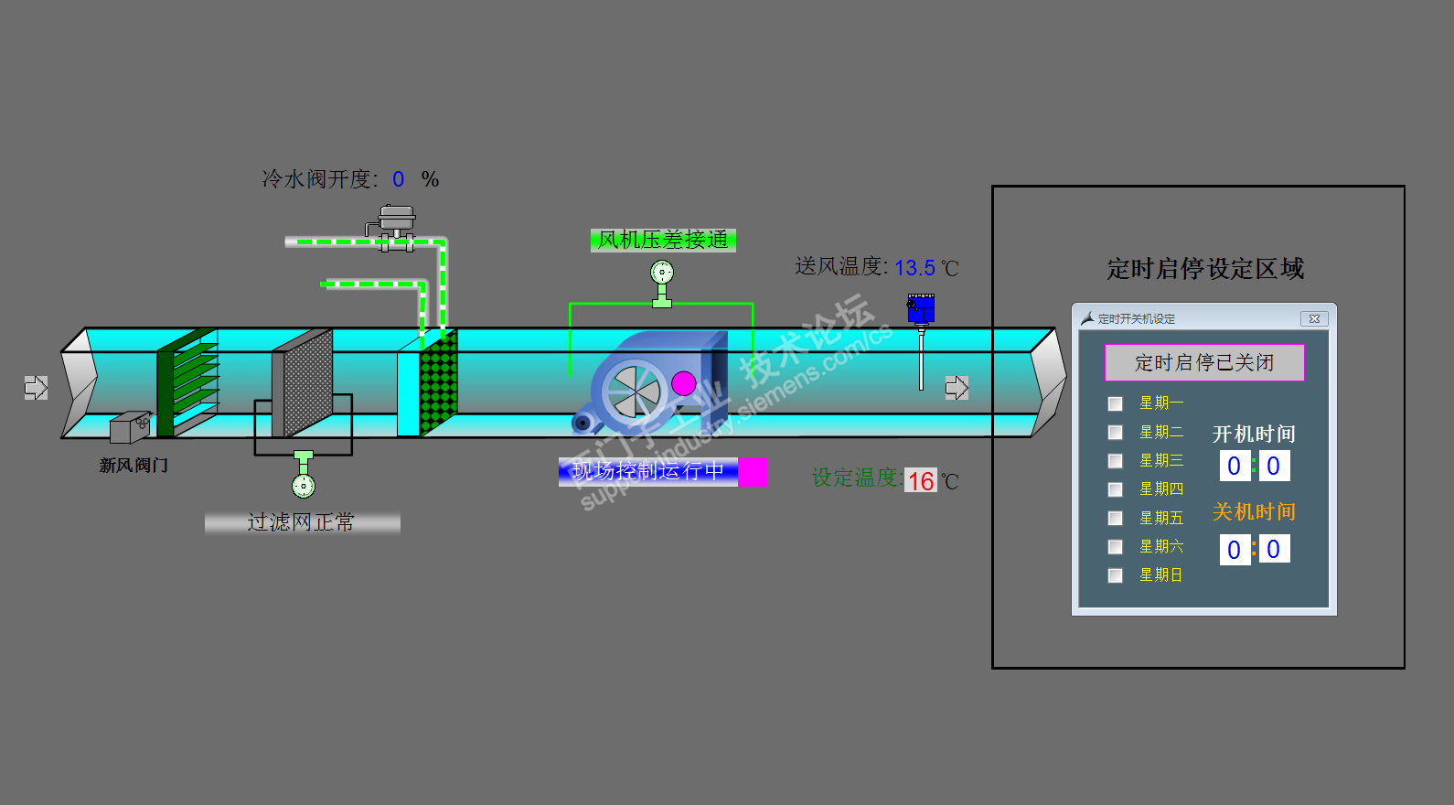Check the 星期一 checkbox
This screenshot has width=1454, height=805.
[1115, 403]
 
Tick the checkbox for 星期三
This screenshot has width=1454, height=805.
[1115, 460]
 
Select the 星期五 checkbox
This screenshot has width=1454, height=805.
[1115, 518]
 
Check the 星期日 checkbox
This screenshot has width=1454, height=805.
[1115, 575]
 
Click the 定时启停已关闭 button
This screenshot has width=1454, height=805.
[1204, 362]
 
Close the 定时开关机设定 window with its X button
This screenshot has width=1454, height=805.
[1314, 318]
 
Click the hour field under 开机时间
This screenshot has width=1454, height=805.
[1234, 466]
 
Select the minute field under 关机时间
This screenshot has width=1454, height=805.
[1274, 549]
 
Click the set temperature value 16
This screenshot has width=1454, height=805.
[921, 481]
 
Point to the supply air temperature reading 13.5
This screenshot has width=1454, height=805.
[914, 268]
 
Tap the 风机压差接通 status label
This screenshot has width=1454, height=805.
[663, 240]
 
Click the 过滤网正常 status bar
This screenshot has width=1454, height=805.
[302, 522]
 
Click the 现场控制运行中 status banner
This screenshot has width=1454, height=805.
[648, 471]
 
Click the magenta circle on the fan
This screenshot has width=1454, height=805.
[683, 383]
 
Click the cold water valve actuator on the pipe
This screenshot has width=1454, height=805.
[397, 220]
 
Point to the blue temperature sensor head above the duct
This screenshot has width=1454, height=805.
[921, 308]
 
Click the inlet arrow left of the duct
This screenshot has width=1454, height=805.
[36, 388]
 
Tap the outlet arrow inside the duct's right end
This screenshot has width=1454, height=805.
[957, 388]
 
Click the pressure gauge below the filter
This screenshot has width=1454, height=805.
[304, 485]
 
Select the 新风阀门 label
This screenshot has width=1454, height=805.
[134, 466]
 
